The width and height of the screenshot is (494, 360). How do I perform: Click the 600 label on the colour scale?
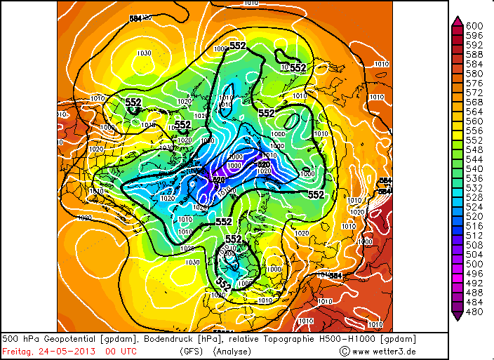pyautogui.click(x=475, y=25)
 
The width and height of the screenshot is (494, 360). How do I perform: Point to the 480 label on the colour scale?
pyautogui.click(x=475, y=311)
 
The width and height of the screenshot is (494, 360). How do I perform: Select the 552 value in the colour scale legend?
pyautogui.click(x=475, y=140)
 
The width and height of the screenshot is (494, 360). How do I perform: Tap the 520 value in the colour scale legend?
pyautogui.click(x=475, y=216)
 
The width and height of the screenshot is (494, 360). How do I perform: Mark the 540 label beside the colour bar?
pyautogui.click(x=475, y=168)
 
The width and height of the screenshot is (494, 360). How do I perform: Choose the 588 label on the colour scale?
pyautogui.click(x=475, y=54)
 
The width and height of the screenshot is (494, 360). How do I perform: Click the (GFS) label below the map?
pyautogui.click(x=192, y=351)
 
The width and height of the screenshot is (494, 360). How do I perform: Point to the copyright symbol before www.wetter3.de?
pyautogui.click(x=344, y=351)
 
